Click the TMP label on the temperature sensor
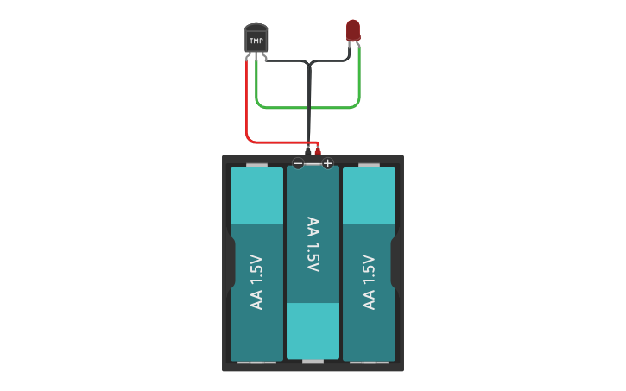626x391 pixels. click(256, 41)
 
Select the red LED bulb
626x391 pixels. click(353, 30)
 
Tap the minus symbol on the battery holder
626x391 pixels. click(298, 163)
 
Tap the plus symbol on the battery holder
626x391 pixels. click(327, 163)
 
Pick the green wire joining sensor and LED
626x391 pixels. click(307, 108)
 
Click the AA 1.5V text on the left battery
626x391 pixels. click(256, 282)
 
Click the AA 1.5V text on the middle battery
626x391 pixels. click(313, 244)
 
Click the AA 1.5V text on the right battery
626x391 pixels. click(369, 282)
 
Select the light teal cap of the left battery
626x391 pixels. click(256, 194)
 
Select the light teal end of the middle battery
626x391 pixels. click(313, 330)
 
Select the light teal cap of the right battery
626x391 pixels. click(369, 194)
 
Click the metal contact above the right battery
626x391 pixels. click(369, 164)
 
